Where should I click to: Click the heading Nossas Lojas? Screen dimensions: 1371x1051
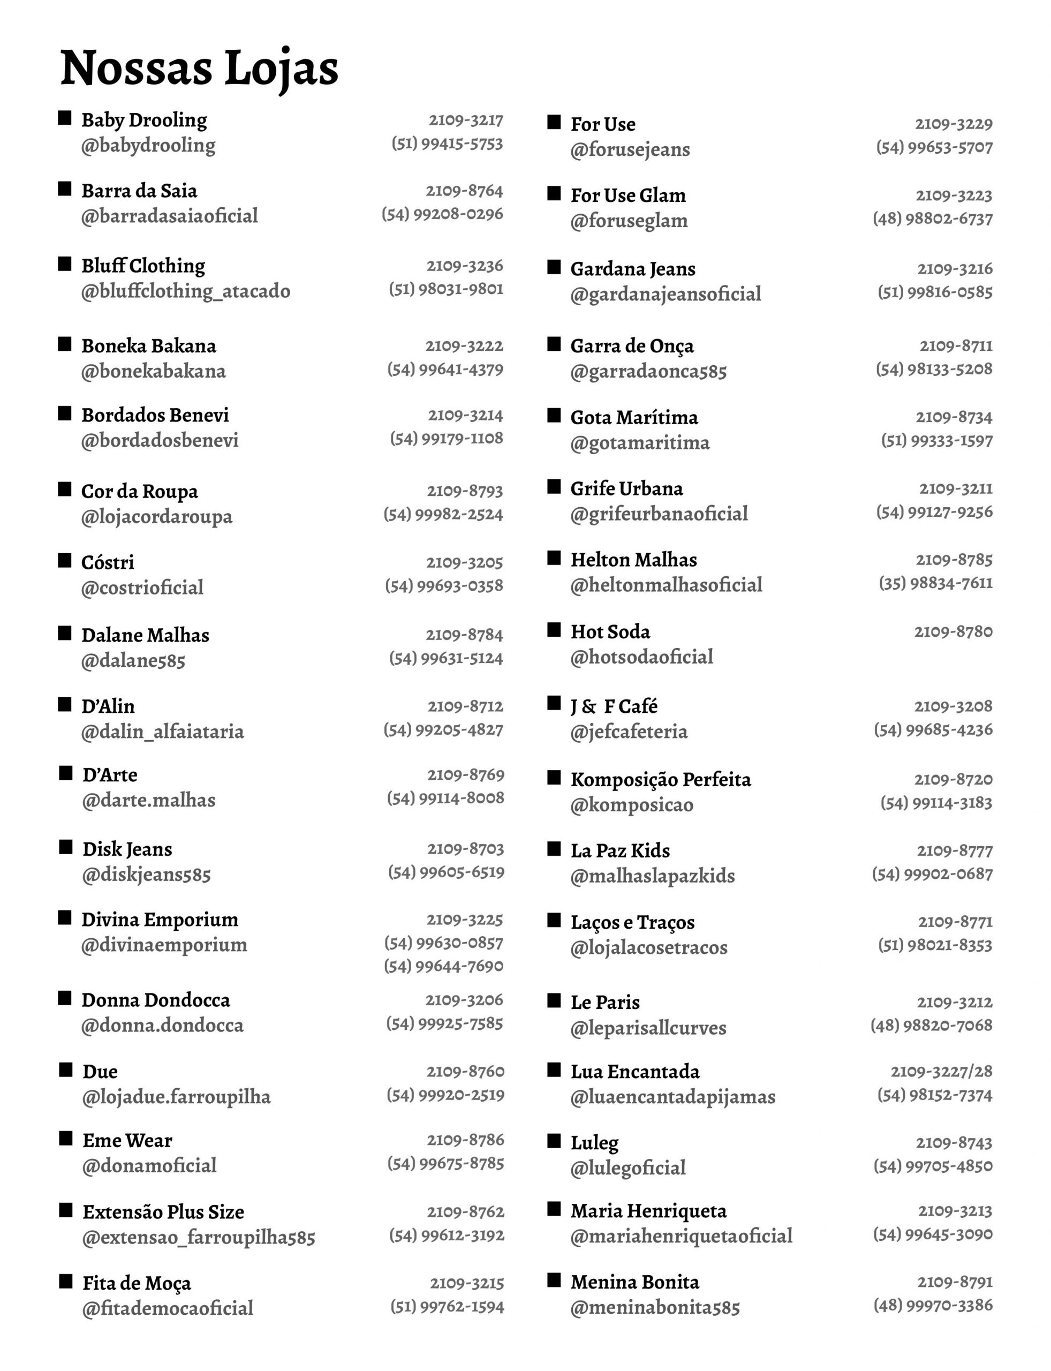coord(199,67)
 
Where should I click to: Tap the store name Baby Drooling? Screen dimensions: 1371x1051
coord(144,119)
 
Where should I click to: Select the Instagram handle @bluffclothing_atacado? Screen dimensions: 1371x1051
coord(185,291)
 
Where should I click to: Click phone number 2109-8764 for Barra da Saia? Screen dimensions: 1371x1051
coord(464,190)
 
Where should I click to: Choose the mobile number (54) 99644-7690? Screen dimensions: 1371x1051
coord(443,966)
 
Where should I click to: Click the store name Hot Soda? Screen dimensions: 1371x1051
coord(610,631)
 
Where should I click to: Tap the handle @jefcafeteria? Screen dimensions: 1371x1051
coord(629,731)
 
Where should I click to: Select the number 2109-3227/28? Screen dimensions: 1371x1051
coord(942,1071)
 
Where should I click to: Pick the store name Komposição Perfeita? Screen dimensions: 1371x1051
coord(660,779)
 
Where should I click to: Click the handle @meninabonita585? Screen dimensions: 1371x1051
coord(654,1307)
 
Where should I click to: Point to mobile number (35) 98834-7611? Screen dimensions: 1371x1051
coord(935,583)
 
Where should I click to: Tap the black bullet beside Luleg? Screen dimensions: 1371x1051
coord(554,1141)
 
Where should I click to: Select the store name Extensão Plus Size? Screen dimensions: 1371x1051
coord(163,1211)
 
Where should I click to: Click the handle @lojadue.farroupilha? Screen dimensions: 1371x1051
coord(177,1096)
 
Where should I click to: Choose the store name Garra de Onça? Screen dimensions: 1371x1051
coord(632,346)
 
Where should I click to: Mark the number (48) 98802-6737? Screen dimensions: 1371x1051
coord(932,219)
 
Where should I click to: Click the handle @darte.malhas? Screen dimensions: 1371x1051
coord(149,800)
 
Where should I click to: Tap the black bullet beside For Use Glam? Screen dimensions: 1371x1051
coord(554,193)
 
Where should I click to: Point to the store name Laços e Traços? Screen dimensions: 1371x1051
coord(632,922)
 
